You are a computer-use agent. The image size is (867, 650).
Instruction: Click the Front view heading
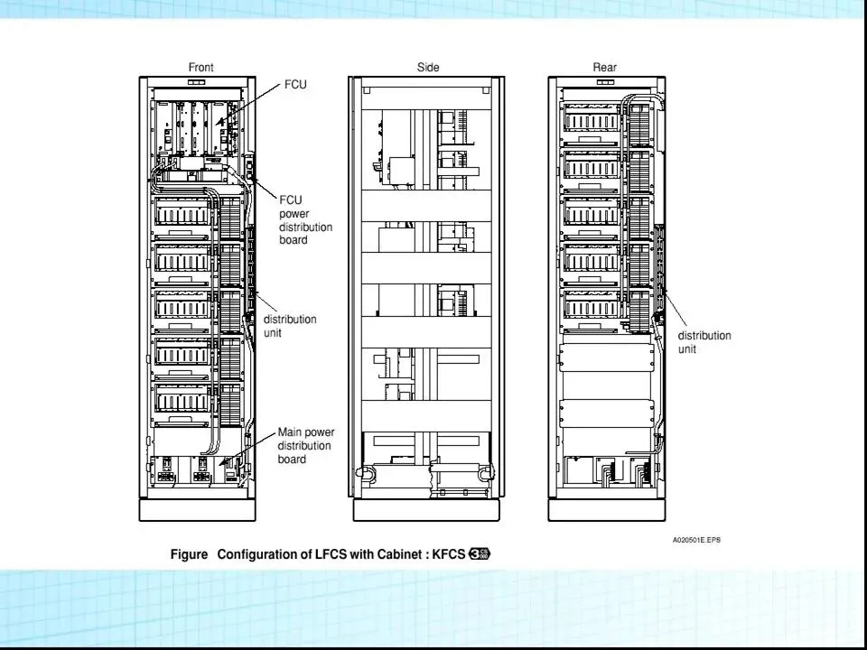coord(200,68)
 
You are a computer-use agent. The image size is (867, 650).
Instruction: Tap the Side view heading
coord(428,68)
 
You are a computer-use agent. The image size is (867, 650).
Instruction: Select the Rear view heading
coord(604,68)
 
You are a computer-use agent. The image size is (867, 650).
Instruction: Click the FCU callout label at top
coord(294,85)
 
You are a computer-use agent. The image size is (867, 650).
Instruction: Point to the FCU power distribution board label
coord(305,220)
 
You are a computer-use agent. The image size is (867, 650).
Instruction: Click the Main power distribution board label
coord(303,446)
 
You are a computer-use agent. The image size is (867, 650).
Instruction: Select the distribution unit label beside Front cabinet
coord(289,326)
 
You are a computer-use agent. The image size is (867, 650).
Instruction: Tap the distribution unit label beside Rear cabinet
coord(704,342)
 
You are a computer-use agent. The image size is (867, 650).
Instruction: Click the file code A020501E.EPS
coord(695,541)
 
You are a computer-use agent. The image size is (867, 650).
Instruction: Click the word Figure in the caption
coord(190,554)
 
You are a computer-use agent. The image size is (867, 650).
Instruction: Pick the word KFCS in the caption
coord(448,554)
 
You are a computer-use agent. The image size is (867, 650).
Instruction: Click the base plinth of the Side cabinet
coord(425,511)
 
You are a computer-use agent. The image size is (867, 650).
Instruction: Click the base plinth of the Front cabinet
coord(197,511)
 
